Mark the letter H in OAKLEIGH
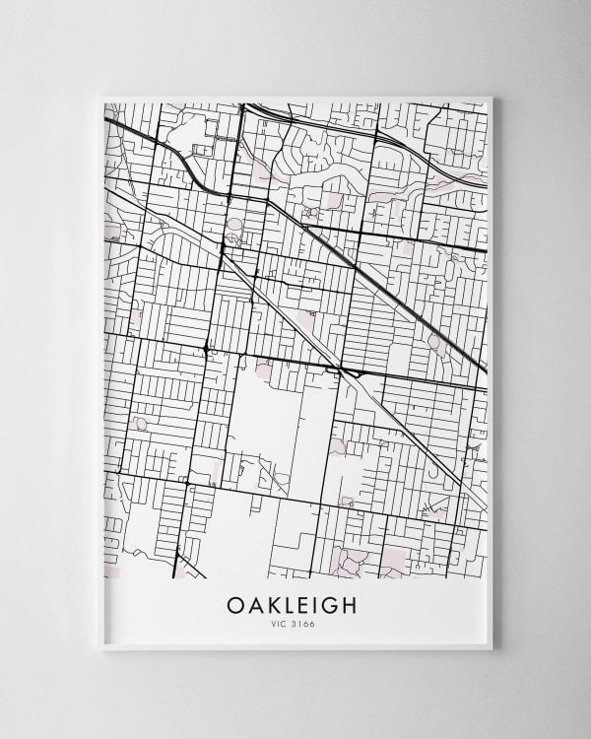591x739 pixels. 355,602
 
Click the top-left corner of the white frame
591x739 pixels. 101,95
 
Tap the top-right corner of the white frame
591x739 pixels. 497,95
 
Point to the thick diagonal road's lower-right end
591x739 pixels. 486,372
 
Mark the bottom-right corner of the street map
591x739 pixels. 488,577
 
